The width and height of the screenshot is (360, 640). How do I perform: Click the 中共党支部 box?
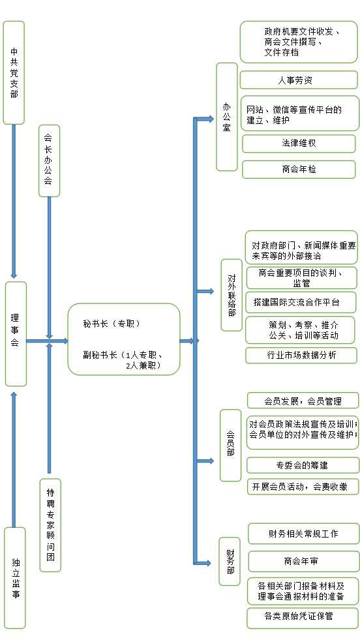[x=14, y=72]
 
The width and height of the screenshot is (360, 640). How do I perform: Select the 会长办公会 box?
[x=50, y=161]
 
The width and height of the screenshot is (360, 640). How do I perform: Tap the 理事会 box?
[x=16, y=334]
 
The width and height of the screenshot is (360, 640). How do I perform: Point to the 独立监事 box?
[x=15, y=577]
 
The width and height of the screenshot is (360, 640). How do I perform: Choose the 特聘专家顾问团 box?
[x=50, y=525]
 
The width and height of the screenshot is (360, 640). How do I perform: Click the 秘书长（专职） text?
[x=112, y=324]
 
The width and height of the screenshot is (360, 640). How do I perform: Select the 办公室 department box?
[x=227, y=117]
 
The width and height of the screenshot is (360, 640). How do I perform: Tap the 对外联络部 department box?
[x=232, y=295]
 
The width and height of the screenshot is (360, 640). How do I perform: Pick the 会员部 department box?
[x=231, y=446]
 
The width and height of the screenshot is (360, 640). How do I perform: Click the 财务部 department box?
[x=230, y=561]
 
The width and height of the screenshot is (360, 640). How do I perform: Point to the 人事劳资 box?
[x=298, y=80]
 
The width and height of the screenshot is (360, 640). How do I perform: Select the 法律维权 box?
[x=299, y=144]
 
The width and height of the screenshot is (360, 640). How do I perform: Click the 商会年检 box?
[x=299, y=170]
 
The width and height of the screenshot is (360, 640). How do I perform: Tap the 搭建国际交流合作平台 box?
[x=301, y=303]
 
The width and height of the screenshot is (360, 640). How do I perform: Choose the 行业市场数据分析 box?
[x=301, y=355]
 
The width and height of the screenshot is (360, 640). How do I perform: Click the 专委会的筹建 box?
[x=303, y=465]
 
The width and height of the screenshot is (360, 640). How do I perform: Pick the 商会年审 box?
[x=304, y=561]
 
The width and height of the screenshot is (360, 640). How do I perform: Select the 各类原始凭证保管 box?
[x=303, y=616]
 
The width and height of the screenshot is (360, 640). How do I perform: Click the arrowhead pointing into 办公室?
[x=210, y=119]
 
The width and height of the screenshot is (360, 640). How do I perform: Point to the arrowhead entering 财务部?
[x=207, y=563]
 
